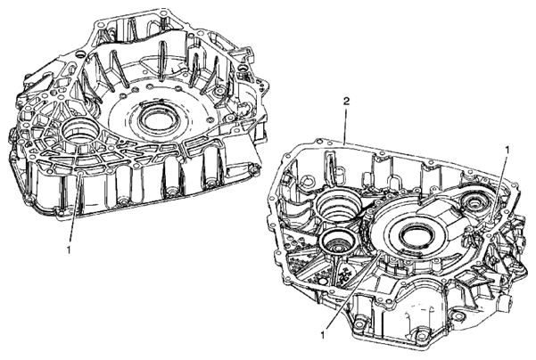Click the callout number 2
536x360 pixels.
pos(347,102)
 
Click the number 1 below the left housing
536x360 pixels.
pos(69,250)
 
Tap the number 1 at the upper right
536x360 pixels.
pos(507,150)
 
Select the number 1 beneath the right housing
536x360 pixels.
pos(322,335)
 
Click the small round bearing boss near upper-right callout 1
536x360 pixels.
pos(474,204)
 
